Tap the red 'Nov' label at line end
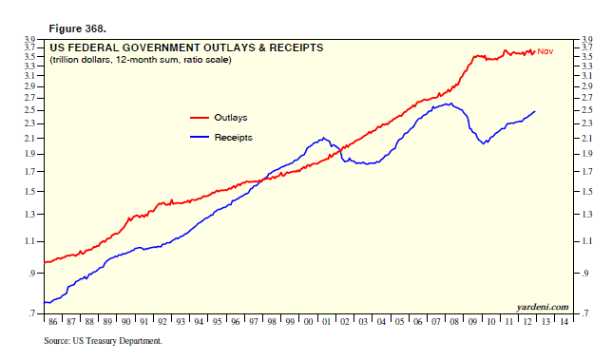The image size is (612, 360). [545, 51]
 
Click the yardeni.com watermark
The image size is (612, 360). [543, 307]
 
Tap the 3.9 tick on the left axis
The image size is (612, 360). [29, 39]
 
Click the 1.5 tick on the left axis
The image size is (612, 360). [29, 192]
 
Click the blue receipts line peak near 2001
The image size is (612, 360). [325, 138]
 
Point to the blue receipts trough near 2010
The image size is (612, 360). [486, 143]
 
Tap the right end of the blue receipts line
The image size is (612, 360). [535, 111]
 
